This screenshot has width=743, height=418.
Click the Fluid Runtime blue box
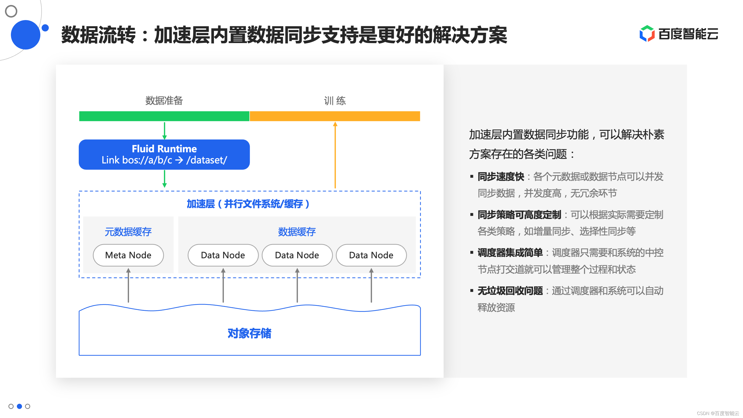(x=164, y=154)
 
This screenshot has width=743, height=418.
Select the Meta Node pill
(x=128, y=255)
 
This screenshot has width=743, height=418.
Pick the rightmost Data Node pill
(x=371, y=255)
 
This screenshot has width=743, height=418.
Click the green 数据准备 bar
(x=164, y=116)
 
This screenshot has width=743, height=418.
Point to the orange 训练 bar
(x=334, y=116)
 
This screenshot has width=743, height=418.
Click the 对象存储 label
(x=249, y=333)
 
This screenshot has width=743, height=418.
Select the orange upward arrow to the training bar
(x=335, y=156)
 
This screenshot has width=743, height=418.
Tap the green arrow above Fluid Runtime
(x=164, y=131)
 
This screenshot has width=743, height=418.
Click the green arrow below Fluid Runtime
(x=164, y=179)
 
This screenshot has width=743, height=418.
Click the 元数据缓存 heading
(x=128, y=232)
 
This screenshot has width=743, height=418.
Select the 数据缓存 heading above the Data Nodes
(x=297, y=232)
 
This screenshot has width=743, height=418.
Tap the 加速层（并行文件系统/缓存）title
(x=248, y=204)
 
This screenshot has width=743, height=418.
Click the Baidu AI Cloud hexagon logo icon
(x=647, y=34)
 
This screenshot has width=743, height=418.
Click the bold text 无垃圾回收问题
(x=510, y=291)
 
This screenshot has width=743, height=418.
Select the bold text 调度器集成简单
(x=510, y=253)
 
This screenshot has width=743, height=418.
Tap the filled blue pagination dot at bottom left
(x=19, y=406)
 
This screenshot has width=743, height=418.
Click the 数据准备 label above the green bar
(x=164, y=100)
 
